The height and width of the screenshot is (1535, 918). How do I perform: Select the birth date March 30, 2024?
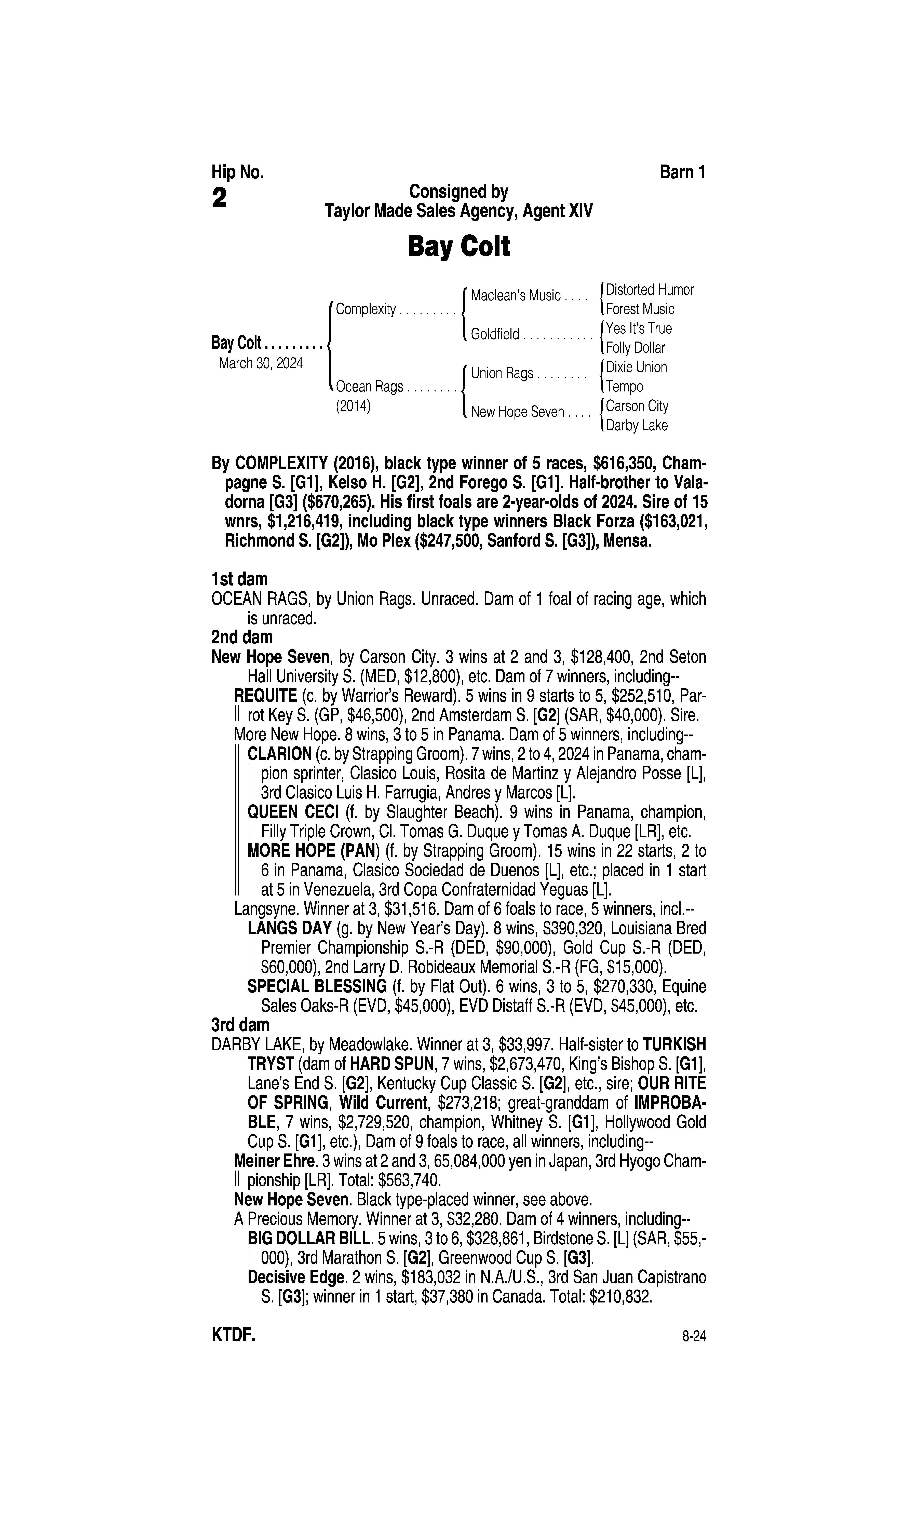point(260,363)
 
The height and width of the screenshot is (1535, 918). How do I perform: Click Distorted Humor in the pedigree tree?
point(650,289)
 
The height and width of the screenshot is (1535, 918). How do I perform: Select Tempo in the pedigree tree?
point(624,387)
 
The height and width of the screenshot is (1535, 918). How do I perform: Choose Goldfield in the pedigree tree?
point(495,335)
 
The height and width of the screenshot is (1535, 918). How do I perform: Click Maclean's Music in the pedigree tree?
point(515,296)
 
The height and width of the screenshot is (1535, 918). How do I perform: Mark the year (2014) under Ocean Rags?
point(353,406)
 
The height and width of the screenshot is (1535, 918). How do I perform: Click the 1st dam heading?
point(239,579)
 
